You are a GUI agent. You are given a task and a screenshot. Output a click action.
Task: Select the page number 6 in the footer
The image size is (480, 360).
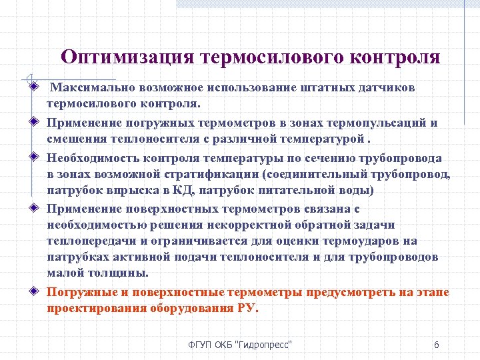pos(436,345)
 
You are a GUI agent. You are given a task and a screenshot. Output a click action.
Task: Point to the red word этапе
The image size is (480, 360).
pos(435,292)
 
